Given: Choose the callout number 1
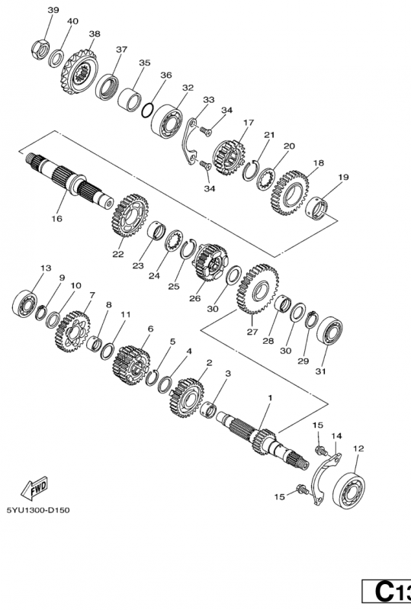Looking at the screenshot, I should click(x=268, y=398).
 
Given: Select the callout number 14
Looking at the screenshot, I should click(x=336, y=436).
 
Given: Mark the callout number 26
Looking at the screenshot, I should click(x=194, y=298).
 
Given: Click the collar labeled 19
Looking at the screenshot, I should click(x=321, y=208).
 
